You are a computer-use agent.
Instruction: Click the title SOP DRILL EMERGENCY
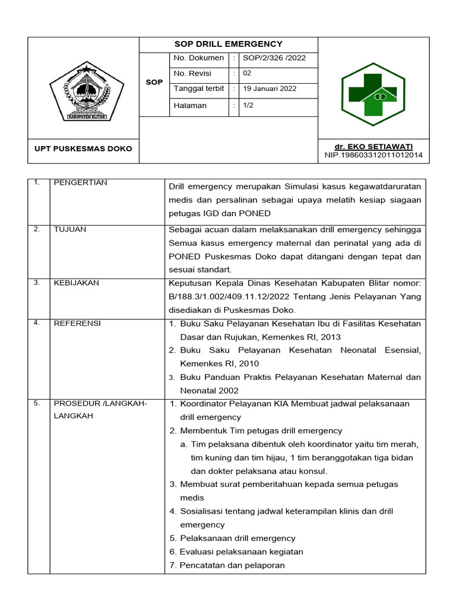coord(229,44)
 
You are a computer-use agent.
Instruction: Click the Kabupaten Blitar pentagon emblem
coord(87,92)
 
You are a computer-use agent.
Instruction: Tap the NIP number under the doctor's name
coord(373,155)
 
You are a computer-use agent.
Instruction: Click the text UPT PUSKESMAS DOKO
coord(83,148)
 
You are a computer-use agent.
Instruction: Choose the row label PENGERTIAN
coord(80,183)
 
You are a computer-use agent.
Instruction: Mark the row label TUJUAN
coord(70,230)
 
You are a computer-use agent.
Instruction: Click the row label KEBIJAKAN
coord(77,283)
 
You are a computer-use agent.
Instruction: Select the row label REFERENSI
coord(77,323)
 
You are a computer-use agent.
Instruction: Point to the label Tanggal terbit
coord(199,89)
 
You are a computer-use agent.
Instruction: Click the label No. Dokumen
coord(199,58)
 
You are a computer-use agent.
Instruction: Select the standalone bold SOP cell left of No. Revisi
coord(154,82)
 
